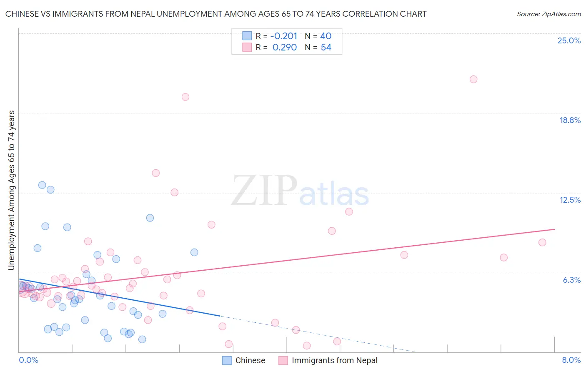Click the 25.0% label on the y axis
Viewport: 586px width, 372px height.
coord(569,40)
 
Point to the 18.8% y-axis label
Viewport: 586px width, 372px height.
coord(570,120)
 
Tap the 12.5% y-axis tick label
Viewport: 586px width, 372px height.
coord(570,200)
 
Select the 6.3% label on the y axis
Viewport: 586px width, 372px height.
coord(571,280)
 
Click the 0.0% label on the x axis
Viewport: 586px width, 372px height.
coord(28,360)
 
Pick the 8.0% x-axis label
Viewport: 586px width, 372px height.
coord(571,360)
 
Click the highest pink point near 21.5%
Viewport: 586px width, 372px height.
coord(473,79)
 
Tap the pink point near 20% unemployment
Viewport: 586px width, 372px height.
coord(185,97)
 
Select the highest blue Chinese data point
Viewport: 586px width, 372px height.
coord(42,185)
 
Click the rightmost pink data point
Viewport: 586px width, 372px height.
coord(542,242)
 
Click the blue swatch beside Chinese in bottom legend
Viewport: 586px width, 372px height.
coord(227,360)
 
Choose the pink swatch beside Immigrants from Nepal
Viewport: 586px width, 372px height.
coord(283,360)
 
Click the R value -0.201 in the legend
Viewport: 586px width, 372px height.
coord(283,36)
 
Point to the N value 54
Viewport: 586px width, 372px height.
coord(326,48)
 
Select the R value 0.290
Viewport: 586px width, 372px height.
coord(284,48)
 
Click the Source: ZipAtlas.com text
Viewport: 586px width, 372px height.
coord(548,14)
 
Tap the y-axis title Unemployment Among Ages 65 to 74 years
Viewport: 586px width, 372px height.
coord(12,190)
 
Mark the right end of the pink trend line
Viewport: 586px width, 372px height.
coord(554,229)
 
